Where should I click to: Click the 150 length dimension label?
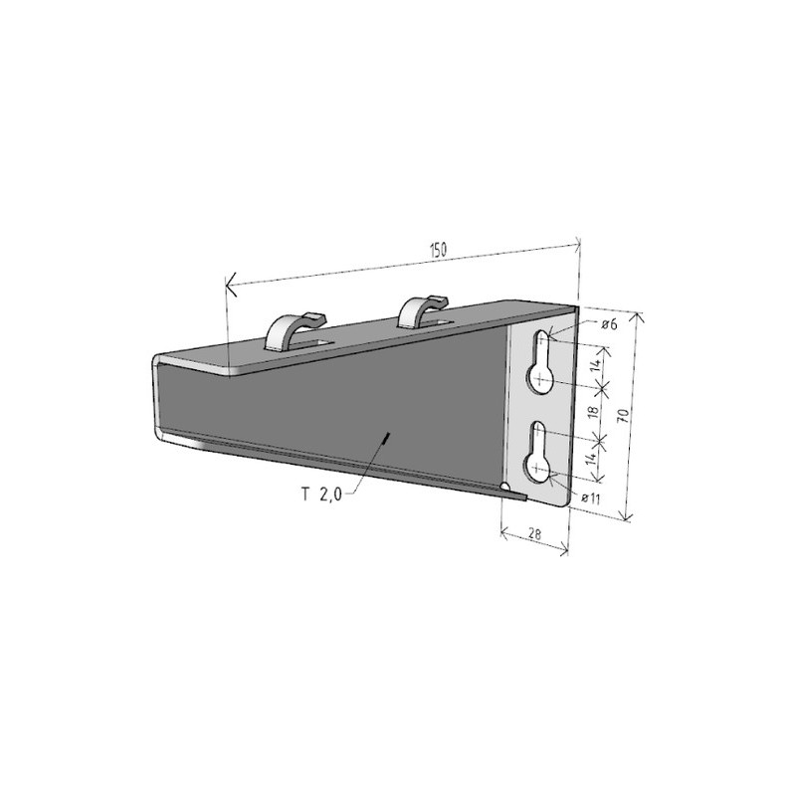click(438, 250)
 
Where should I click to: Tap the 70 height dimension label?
click(625, 415)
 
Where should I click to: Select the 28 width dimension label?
click(534, 533)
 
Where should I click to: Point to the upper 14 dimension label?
click(597, 364)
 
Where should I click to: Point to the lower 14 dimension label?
click(590, 458)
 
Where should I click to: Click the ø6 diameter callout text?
click(609, 324)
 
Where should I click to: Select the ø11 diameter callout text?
click(591, 498)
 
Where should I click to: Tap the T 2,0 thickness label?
click(321, 494)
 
